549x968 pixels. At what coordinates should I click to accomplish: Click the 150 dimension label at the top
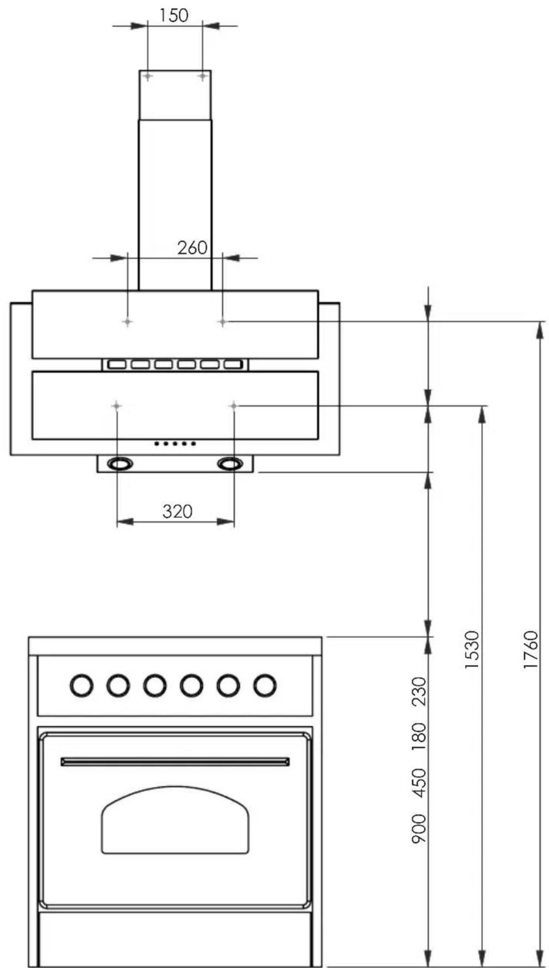pos(174,15)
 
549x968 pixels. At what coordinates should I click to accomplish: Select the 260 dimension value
pos(192,247)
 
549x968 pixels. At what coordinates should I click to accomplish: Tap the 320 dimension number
pos(177,511)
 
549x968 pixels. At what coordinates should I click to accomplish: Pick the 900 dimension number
pos(418,828)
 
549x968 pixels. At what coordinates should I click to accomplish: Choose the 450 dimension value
pos(418,783)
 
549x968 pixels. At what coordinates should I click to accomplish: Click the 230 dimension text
pos(418,692)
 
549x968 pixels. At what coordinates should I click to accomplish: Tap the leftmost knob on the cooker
pos(82,685)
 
